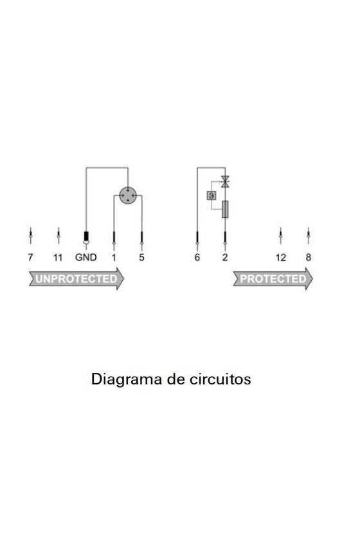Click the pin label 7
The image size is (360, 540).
pos(30,257)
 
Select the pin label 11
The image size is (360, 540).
pos(58,257)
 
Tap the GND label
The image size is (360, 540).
pos(85,257)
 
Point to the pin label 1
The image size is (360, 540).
pos(114,257)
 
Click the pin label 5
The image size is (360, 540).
pos(141,257)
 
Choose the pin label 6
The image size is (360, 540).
pos(197,257)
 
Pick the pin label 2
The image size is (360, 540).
pos(225,257)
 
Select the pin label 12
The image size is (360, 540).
pos(281,257)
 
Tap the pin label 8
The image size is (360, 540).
pos(309,257)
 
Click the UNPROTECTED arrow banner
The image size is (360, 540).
pos(76,278)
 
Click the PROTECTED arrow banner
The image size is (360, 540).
pos(273,278)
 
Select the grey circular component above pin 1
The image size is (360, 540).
pos(128,195)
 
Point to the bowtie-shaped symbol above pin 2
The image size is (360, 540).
pos(225,181)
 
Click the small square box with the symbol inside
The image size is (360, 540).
pos(211,195)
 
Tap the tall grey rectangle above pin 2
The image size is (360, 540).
pos(225,210)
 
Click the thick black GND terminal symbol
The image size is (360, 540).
pos(86,238)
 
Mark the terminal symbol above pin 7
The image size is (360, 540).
pos(30,236)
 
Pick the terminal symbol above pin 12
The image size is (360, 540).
pos(281,236)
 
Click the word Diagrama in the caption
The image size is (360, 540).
pos(127,379)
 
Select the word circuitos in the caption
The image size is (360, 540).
pos(220,379)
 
